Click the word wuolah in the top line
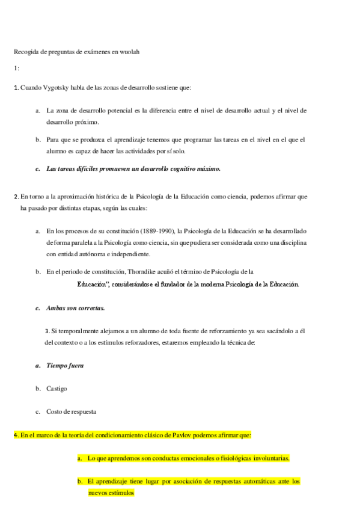pyautogui.click(x=131, y=52)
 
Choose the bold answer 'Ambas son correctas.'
pyautogui.click(x=76, y=308)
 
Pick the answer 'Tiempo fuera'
pyautogui.click(x=65, y=366)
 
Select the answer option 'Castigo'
pyautogui.click(x=57, y=389)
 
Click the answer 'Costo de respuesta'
pyautogui.click(x=72, y=412)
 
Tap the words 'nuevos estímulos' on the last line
pyautogui.click(x=111, y=493)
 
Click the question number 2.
pyautogui.click(x=16, y=196)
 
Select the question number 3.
pyautogui.click(x=47, y=331)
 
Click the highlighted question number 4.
pyautogui.click(x=16, y=435)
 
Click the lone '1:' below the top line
pyautogui.click(x=16, y=68)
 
